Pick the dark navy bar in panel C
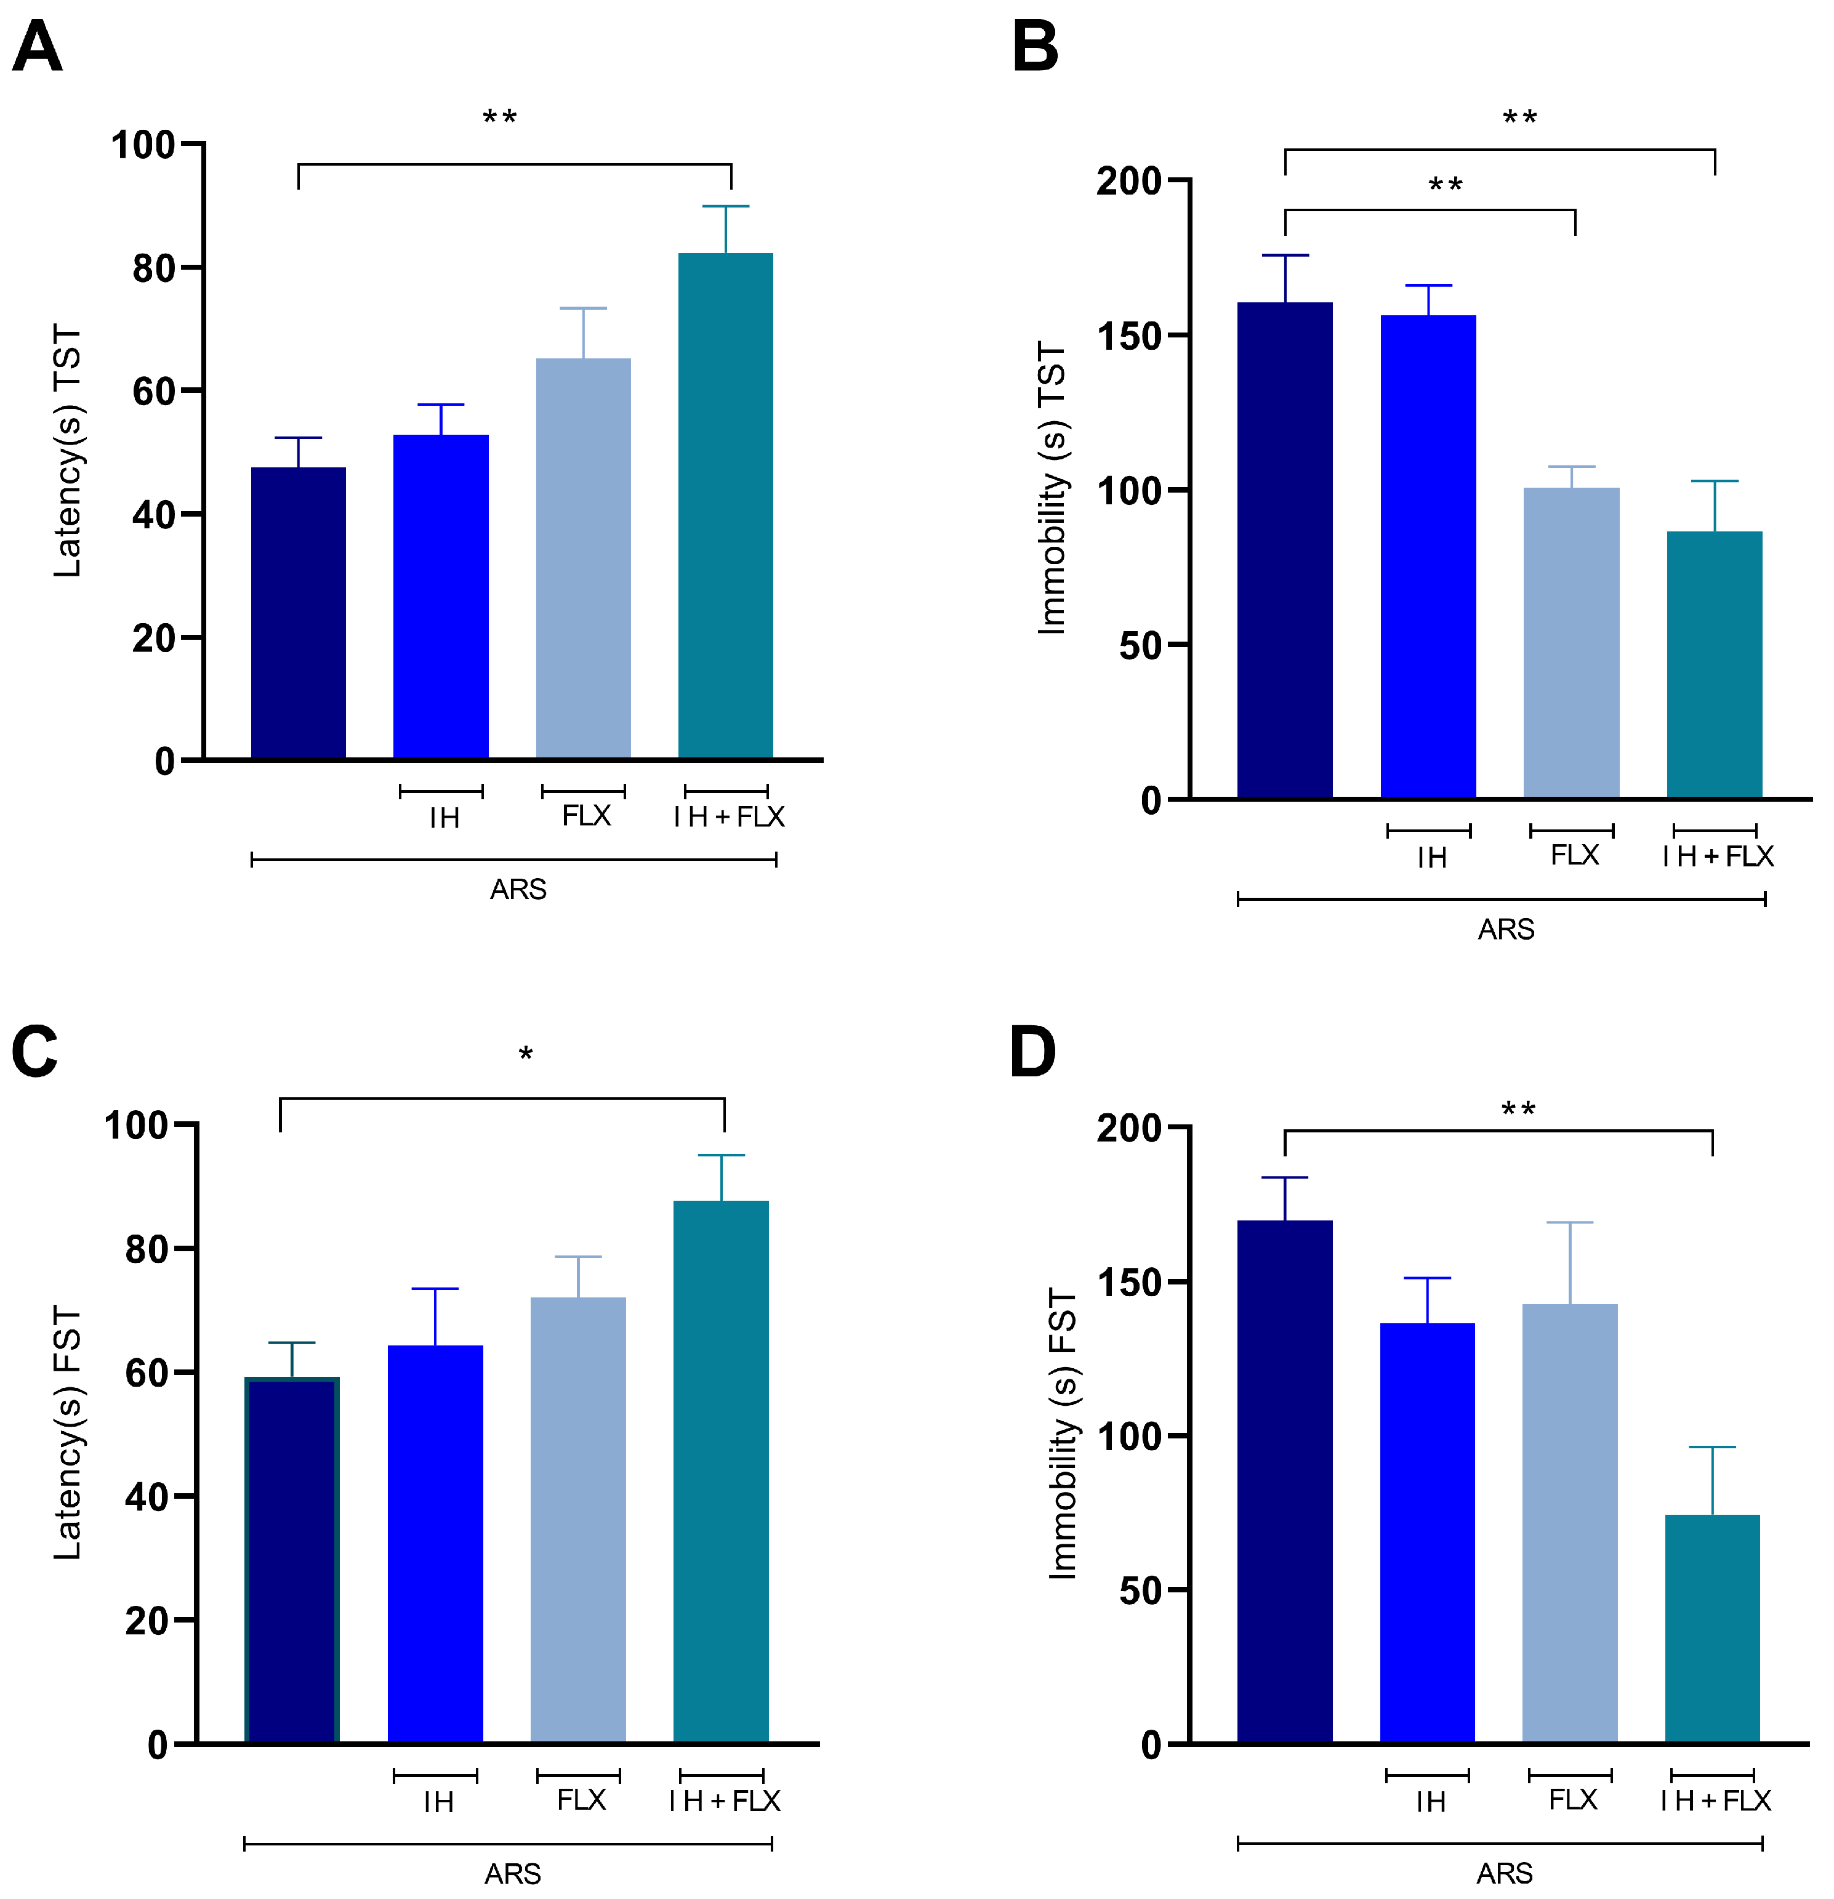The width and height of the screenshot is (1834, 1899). coord(292,1560)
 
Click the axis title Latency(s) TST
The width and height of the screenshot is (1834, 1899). coord(68,451)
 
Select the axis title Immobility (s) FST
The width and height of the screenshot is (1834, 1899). coord(1063,1434)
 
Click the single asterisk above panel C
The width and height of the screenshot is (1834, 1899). coord(525,1054)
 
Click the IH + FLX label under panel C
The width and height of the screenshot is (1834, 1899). coord(724,1800)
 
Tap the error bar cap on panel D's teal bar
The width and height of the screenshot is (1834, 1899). coord(1712,1448)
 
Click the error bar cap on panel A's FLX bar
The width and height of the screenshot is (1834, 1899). coord(583,308)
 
